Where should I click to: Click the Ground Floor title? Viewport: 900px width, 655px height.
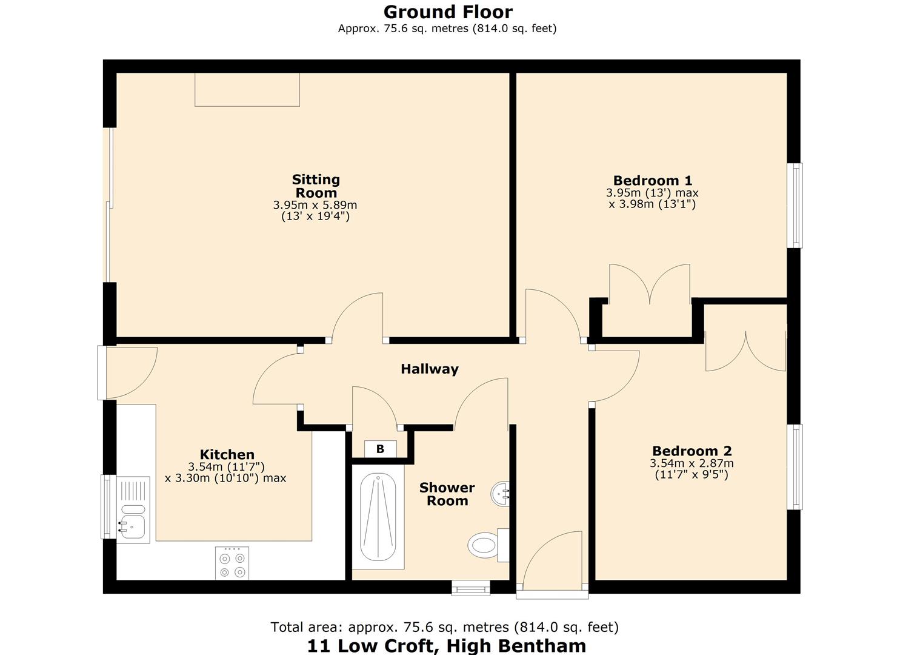(448, 12)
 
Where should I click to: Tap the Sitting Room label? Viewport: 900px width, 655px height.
(316, 186)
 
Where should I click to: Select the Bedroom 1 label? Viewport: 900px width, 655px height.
(652, 180)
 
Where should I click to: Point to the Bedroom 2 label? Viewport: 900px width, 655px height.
(692, 451)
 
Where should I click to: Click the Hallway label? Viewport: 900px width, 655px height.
(430, 369)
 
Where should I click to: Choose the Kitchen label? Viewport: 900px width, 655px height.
(227, 454)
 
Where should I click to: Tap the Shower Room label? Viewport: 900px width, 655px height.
(447, 494)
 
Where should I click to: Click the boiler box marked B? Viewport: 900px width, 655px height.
(381, 449)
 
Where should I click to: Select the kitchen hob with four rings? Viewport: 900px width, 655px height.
(232, 563)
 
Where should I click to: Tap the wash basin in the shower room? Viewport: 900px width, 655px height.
(502, 494)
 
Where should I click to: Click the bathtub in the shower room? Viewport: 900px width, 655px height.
(378, 520)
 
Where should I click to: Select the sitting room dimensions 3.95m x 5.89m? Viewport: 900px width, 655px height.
(315, 206)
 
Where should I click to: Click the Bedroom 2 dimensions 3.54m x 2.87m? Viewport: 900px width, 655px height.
(692, 463)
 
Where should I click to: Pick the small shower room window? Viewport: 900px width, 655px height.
(471, 587)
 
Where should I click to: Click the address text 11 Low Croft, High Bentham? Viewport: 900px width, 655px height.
(447, 645)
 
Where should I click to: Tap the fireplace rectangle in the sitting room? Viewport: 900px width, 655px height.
(247, 90)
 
